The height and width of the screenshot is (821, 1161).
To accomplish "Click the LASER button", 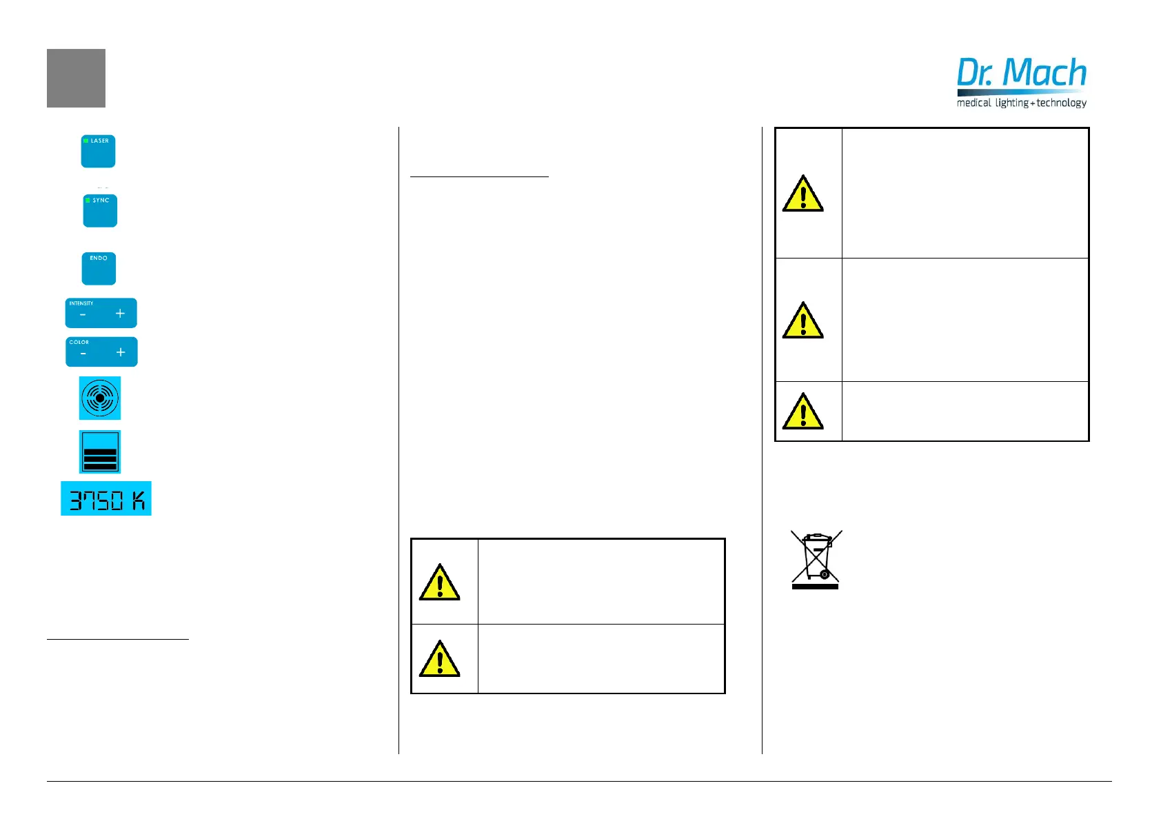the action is (x=98, y=151).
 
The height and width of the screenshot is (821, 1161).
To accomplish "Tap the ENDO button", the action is (x=99, y=268).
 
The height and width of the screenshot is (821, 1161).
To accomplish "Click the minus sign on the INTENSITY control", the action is (x=83, y=314).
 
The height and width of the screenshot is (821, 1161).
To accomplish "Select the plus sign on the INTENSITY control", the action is (x=120, y=314).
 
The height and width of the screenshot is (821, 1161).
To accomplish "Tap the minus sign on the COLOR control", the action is (x=83, y=353).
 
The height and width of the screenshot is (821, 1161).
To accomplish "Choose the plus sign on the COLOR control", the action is (x=121, y=352).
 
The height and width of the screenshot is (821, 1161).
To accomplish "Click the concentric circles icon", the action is (x=100, y=398).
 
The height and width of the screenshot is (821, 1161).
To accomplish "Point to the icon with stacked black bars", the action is (x=100, y=452).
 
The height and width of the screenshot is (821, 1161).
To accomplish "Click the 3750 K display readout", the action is (x=105, y=498).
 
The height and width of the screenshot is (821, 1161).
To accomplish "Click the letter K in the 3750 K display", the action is (x=139, y=500).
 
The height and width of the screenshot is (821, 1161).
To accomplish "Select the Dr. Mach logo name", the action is (x=1021, y=72).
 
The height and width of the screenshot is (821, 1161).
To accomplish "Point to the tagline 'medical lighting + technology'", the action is (x=1021, y=103).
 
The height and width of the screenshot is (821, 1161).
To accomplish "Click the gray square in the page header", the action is (x=76, y=78).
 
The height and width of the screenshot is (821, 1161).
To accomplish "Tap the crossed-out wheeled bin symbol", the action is (x=816, y=559).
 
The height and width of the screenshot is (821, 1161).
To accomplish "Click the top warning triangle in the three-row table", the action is (x=802, y=194).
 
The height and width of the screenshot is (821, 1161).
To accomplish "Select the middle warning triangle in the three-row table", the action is (x=802, y=321).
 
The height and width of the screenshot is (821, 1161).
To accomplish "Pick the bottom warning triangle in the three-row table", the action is (x=802, y=412).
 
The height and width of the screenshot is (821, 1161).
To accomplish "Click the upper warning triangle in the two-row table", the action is (x=439, y=583).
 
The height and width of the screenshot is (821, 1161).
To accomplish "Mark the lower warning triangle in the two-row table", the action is (x=439, y=659).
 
